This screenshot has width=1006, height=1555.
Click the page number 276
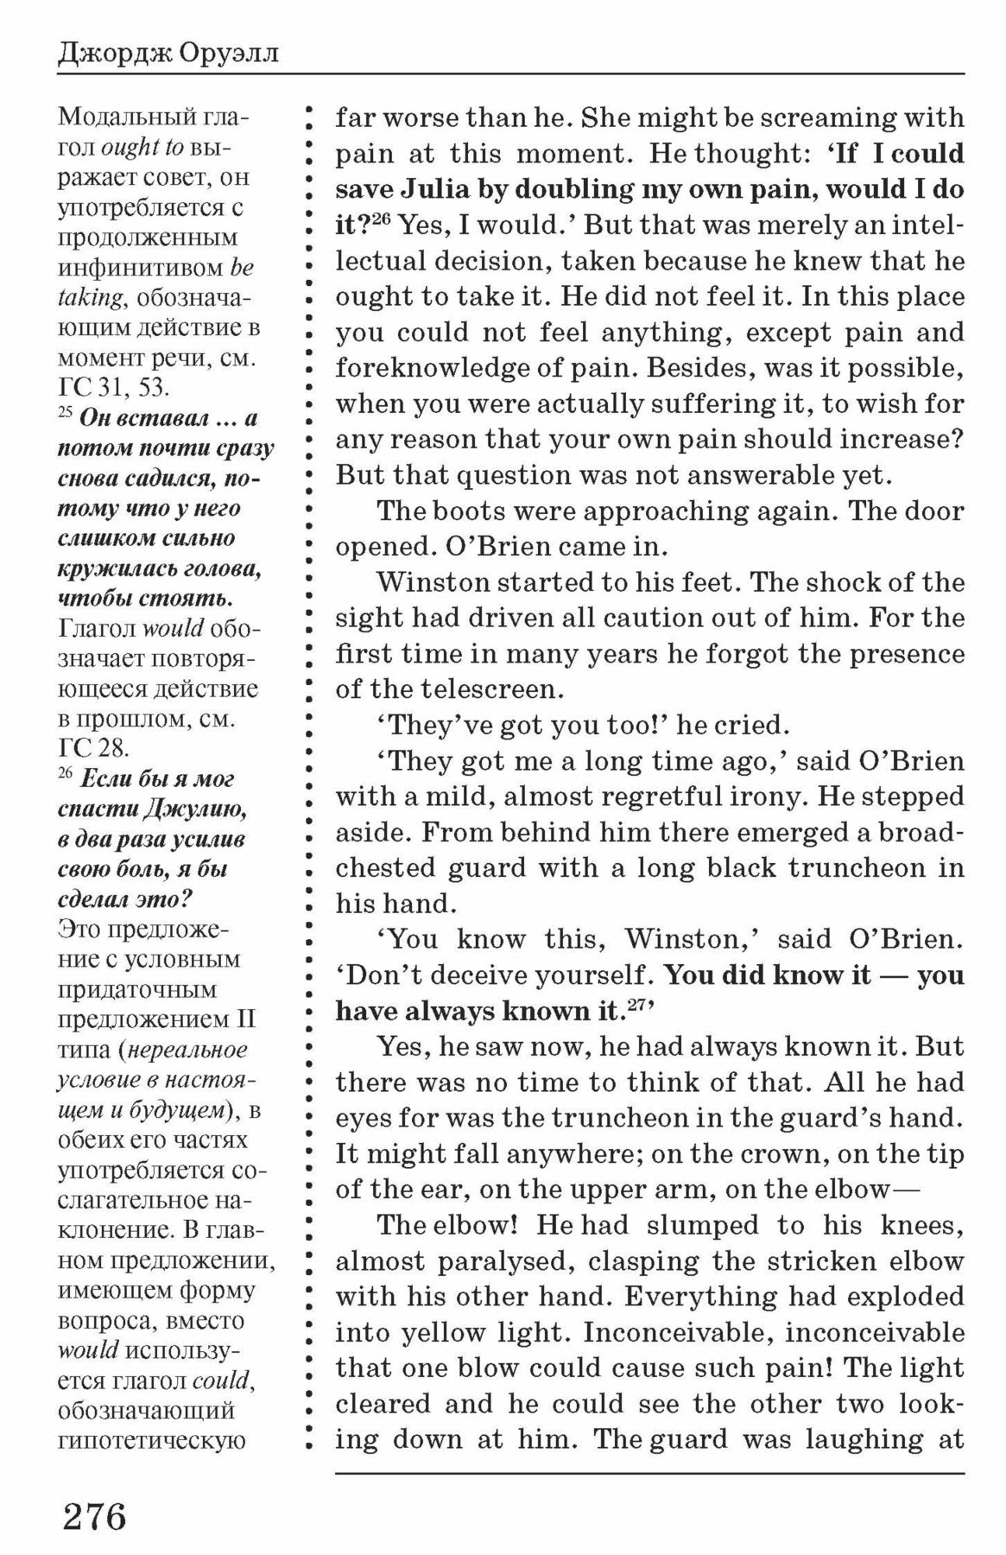[94, 1515]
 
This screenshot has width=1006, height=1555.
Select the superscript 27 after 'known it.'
[637, 1004]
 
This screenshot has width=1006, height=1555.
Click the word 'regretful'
[673, 796]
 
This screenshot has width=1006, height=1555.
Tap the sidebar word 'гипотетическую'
[152, 1440]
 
